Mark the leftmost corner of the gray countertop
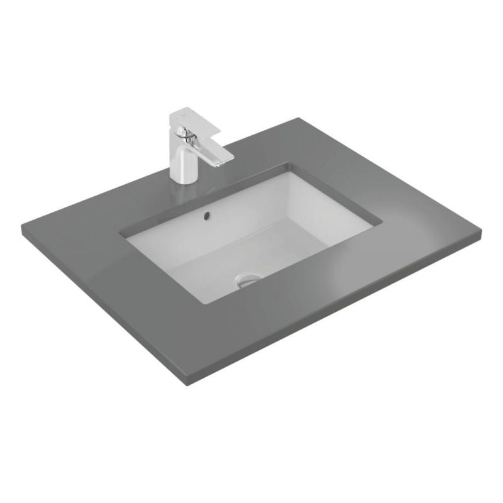coord(23,231)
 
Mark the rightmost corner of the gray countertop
coord(482,233)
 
